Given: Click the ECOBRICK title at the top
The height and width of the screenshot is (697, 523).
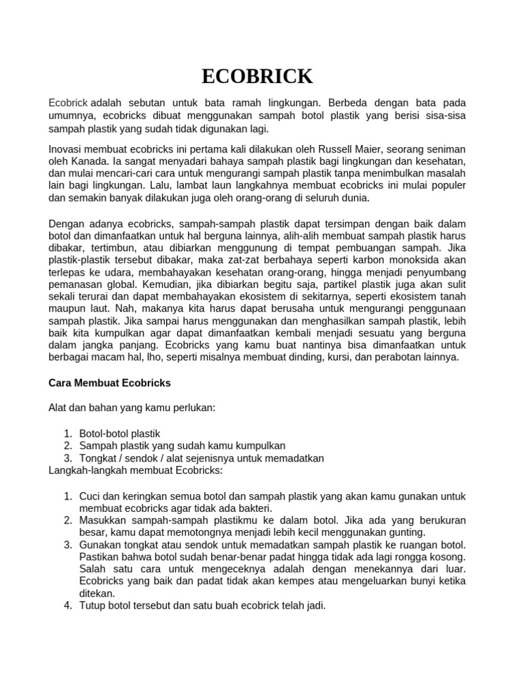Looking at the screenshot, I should click(257, 76).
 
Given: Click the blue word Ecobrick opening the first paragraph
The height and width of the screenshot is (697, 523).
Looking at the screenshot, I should click(68, 103).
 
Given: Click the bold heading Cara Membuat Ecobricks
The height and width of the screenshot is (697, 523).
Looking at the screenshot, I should click(110, 383).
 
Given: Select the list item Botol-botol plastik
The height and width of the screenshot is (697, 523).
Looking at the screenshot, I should click(120, 434).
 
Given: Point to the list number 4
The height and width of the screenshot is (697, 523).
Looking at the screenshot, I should click(68, 606).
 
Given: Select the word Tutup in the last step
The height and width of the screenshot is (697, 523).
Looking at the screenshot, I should click(93, 606).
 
